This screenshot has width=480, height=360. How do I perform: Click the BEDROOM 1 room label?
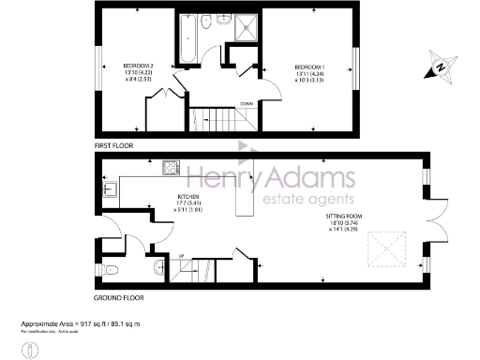coord(309,67)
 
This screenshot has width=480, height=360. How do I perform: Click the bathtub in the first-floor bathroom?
coord(185,40)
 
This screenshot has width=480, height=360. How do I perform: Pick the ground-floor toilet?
coord(113,270)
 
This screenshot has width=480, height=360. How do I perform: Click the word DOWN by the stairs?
coord(246,103)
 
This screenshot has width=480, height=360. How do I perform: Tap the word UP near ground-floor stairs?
coord(180,256)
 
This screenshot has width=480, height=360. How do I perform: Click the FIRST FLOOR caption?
coord(115,147)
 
